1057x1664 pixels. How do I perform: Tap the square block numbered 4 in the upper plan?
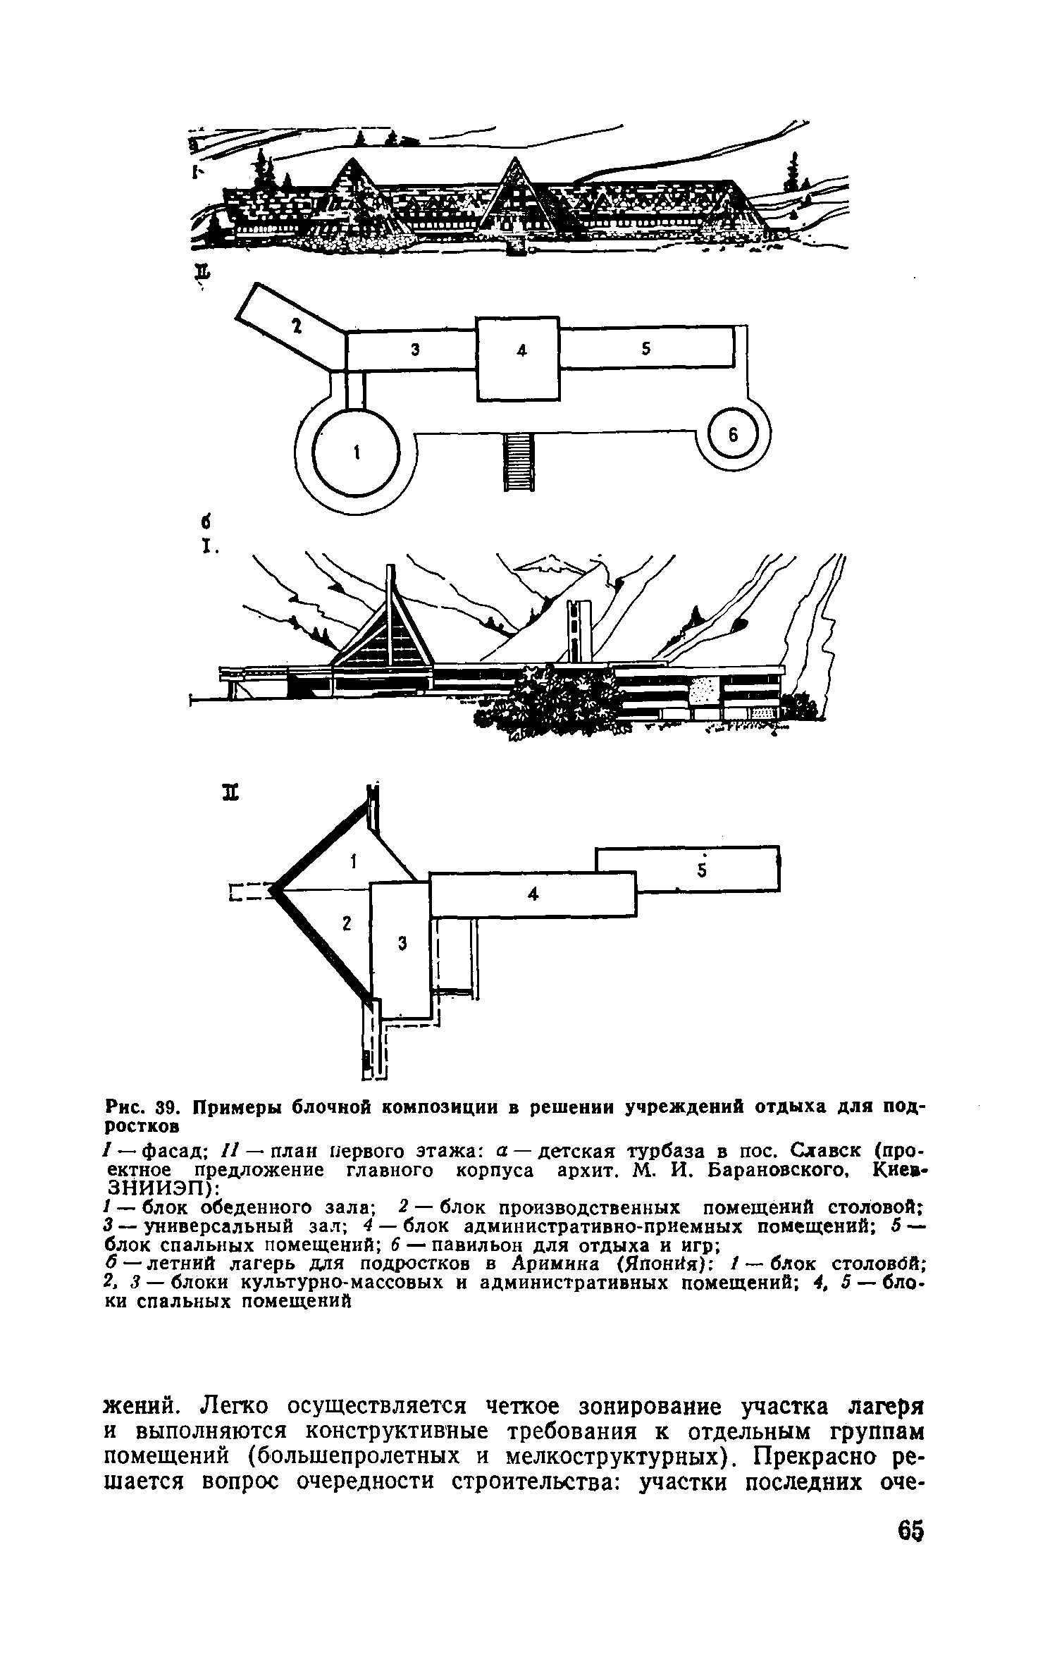pyautogui.click(x=519, y=359)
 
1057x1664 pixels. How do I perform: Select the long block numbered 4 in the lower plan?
pyautogui.click(x=532, y=894)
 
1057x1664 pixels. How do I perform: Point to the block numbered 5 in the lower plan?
pyautogui.click(x=701, y=868)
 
